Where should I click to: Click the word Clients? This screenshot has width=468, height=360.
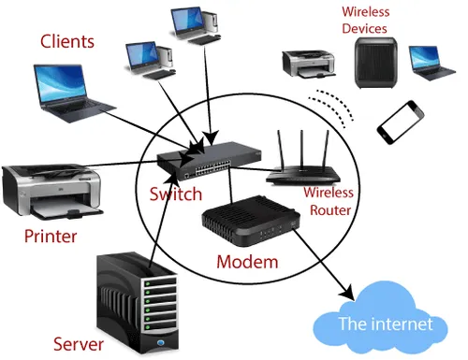point(67,42)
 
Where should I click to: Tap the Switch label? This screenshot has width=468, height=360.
point(176,194)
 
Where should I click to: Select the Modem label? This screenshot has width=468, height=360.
point(247,262)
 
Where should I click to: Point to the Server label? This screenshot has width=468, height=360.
point(79,344)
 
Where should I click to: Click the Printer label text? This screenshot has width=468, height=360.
point(51,236)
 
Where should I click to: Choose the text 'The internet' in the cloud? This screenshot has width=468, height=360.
point(386,324)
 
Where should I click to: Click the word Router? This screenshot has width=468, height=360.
point(330,210)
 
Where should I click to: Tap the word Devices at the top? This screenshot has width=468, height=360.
point(364,29)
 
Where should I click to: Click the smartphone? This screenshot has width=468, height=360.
point(401,122)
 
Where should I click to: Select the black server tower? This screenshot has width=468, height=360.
point(138,302)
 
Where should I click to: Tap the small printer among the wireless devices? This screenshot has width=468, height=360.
point(309,64)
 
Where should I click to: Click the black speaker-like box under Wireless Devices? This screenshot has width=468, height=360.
point(376,63)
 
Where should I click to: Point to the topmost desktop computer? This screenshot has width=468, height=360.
point(196,25)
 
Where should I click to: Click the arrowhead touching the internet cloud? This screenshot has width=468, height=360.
point(347,293)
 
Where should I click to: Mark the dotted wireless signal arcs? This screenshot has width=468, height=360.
point(332,108)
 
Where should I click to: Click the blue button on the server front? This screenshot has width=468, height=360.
point(161,343)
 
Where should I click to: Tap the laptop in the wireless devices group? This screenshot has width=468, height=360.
point(431,63)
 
